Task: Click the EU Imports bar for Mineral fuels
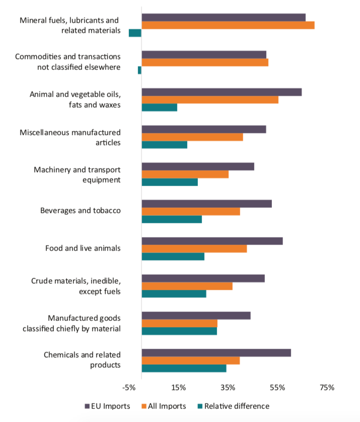pyautogui.click(x=224, y=18)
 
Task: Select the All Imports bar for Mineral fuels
pyautogui.click(x=228, y=25)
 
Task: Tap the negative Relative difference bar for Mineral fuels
pyautogui.click(x=135, y=33)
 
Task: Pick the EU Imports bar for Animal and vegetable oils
pyautogui.click(x=222, y=92)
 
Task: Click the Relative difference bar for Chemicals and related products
pyautogui.click(x=184, y=368)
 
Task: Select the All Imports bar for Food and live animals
pyautogui.click(x=194, y=249)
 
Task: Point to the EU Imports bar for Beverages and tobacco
pyautogui.click(x=206, y=204)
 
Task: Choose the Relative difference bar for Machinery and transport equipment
pyautogui.click(x=170, y=182)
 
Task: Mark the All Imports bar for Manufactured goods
pyautogui.click(x=179, y=323)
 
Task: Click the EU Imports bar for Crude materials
pyautogui.click(x=203, y=278)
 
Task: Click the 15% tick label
pyautogui.click(x=179, y=388)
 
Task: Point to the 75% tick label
pyautogui.click(x=327, y=388)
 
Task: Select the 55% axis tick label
pyautogui.click(x=277, y=388)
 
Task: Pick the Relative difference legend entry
pyautogui.click(x=236, y=406)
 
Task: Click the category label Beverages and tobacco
pyautogui.click(x=80, y=211)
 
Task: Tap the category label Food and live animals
pyautogui.click(x=83, y=248)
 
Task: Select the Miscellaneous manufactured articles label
pyautogui.click(x=70, y=137)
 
